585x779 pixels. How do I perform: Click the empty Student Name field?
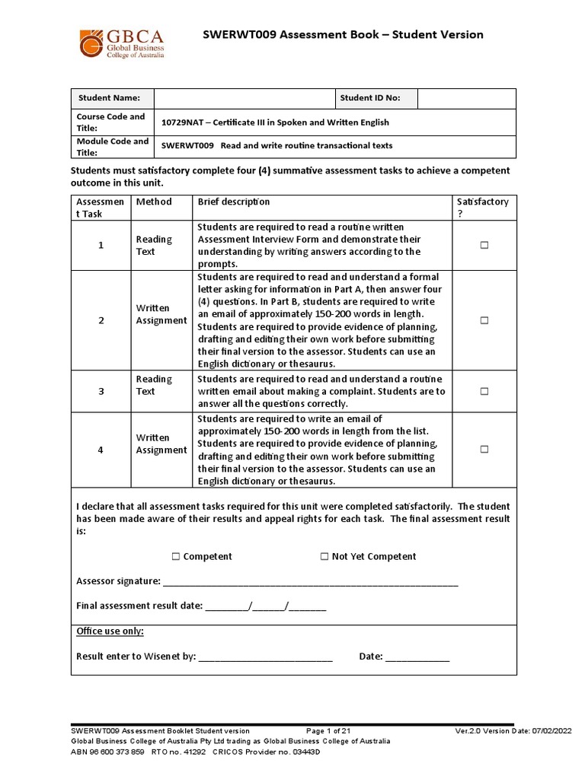244,98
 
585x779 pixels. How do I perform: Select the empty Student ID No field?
466,98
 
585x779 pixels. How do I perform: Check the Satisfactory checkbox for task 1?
484,246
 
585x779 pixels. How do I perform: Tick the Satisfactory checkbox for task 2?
484,320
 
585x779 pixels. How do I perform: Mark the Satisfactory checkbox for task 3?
484,391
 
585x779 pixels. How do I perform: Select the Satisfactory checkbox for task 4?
484,450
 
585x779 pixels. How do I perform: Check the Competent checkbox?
176,557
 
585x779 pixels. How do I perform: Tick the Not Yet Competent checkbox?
324,557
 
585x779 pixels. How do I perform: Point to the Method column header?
154,202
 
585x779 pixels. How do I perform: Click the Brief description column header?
234,202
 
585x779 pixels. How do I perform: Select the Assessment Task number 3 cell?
101,391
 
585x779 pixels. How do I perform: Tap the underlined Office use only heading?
110,631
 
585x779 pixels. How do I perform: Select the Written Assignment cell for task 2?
161,314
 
